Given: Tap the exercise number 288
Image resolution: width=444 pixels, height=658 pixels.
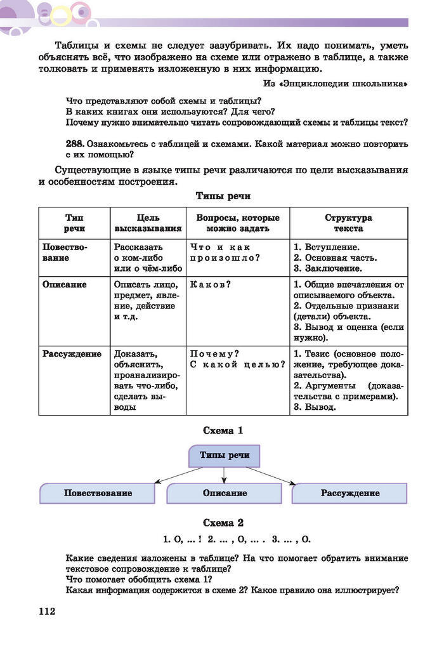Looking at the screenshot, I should (75, 144).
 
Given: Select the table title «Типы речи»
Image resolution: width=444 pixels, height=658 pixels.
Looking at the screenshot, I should (223, 196).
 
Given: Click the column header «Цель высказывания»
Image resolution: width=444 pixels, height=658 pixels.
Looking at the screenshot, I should (148, 223).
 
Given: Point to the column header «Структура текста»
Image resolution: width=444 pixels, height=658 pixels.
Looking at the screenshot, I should (348, 223).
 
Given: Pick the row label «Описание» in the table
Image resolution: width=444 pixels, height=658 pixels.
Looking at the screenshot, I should (65, 285).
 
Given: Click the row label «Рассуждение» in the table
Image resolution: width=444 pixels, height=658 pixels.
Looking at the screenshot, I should (72, 354).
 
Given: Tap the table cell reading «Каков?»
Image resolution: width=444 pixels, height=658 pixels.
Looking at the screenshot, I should (210, 285).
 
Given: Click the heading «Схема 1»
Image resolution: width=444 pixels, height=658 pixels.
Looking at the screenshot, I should (223, 431).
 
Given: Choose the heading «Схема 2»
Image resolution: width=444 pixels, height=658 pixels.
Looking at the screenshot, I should (223, 523).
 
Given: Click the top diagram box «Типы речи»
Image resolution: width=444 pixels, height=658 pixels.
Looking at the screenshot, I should (225, 456).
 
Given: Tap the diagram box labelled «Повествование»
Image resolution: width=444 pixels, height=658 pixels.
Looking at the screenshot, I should (98, 493).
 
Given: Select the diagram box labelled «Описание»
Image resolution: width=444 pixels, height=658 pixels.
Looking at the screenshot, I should (225, 493).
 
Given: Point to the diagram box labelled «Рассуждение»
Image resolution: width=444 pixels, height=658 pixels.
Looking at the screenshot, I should (350, 493).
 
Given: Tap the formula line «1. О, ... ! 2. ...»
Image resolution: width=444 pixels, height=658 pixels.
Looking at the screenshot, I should (237, 540).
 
